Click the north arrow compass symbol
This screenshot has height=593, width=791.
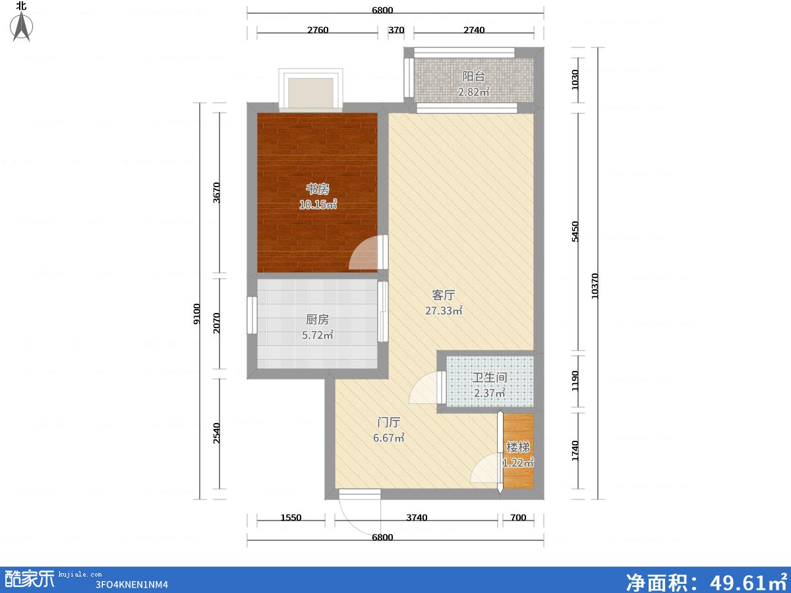click(x=21, y=26)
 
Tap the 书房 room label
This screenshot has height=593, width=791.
click(x=318, y=188)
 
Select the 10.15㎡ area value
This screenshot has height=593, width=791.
click(x=318, y=204)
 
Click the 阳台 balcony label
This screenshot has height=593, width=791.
click(x=473, y=76)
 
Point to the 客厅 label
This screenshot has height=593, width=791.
click(x=443, y=295)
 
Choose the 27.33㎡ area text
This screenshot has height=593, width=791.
click(x=444, y=310)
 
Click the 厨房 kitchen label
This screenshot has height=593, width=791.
click(x=318, y=320)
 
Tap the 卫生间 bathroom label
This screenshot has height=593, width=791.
click(x=489, y=378)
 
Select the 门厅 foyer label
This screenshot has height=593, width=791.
click(x=388, y=422)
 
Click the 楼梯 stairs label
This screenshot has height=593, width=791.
click(x=518, y=447)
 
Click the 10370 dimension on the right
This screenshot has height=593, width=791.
click(x=595, y=286)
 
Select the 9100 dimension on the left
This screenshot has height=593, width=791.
click(x=196, y=314)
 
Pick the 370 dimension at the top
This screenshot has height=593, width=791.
click(x=396, y=30)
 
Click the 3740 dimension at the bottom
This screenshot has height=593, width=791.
click(x=417, y=518)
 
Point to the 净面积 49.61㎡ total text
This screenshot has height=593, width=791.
click(x=706, y=582)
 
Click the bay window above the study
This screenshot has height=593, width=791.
click(x=310, y=88)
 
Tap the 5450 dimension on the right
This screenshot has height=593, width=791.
click(x=575, y=231)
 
